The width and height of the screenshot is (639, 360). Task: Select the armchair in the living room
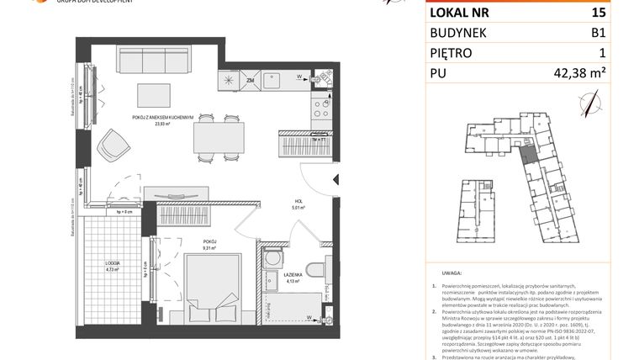113,149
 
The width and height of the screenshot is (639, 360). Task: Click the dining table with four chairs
218,136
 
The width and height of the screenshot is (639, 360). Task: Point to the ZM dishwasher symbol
251,81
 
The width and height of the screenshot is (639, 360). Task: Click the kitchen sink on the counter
276,82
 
